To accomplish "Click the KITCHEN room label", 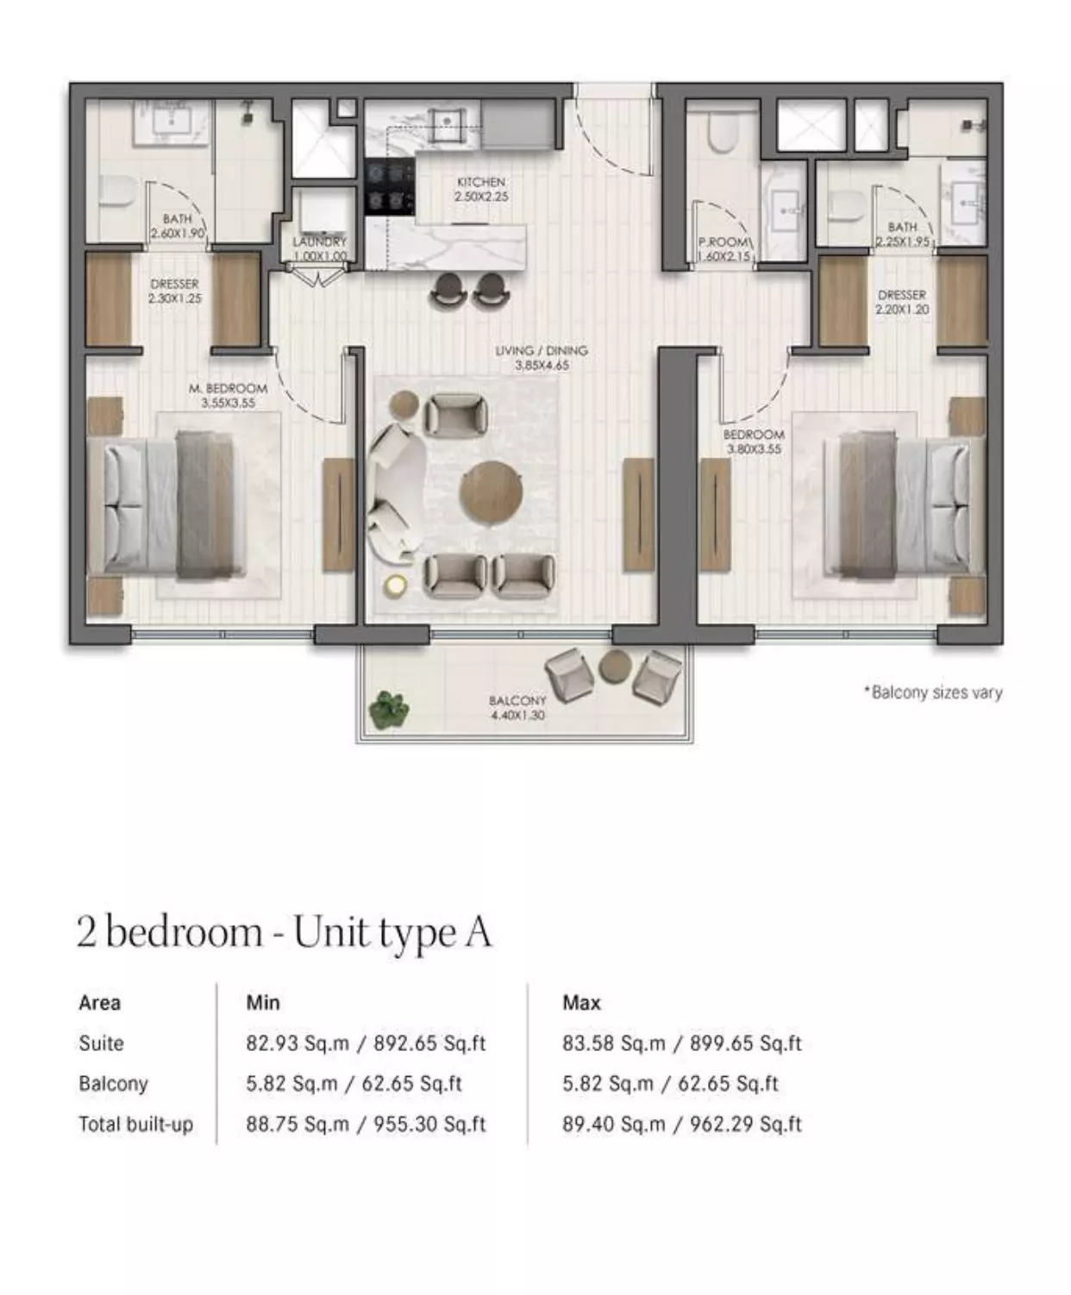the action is coord(481,182).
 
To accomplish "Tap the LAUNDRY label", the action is coord(320,242).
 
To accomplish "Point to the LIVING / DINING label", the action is coord(541,350).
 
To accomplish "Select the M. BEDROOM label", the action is coord(229,388).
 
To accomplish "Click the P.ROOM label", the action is coord(723,242).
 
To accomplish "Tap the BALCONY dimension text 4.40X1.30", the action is coord(517,715).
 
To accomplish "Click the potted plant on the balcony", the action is coord(389,709).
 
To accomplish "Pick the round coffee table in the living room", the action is coord(491,493).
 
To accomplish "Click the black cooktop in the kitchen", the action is coord(390,187).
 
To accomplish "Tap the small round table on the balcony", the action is coord(615,666).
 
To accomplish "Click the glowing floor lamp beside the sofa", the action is coord(395,585).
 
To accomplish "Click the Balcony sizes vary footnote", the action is coord(933,692).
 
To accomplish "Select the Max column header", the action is coord(581,1003).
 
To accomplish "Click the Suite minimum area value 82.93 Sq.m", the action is coord(297,1043).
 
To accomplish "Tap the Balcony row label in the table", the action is coord(114,1084).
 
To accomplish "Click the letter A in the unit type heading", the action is coord(479,932).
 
